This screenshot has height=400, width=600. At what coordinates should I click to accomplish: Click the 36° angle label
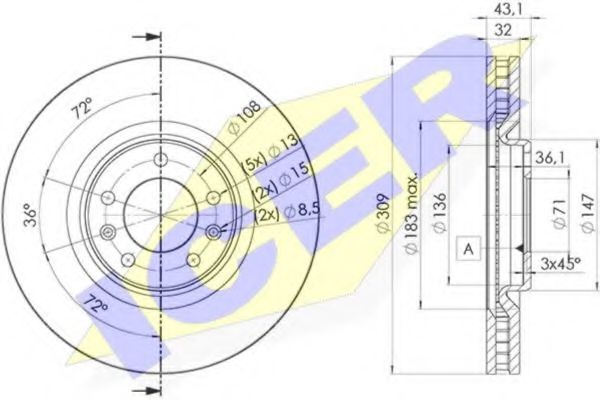[32, 213]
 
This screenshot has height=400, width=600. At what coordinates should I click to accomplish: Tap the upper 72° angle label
[82, 106]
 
